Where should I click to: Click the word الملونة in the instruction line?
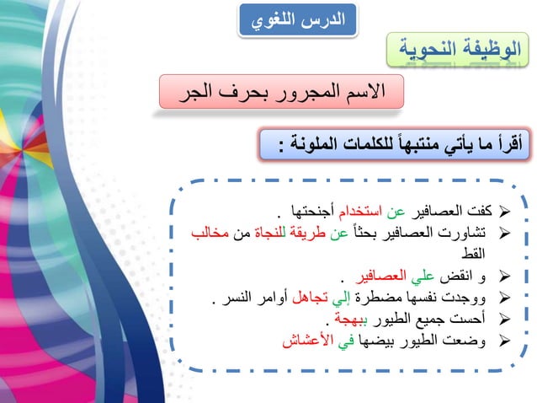[322, 146]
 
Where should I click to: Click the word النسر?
[236, 298]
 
